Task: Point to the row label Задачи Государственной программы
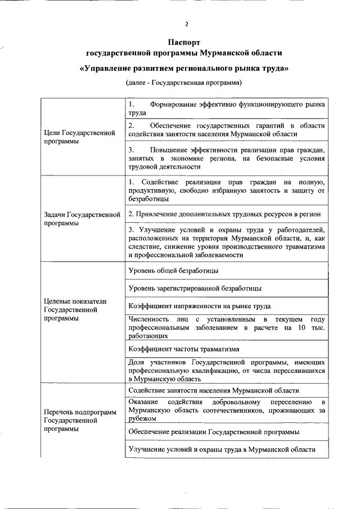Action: point(82,218)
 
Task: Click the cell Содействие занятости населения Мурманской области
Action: point(213,390)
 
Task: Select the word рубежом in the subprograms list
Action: point(141,418)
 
